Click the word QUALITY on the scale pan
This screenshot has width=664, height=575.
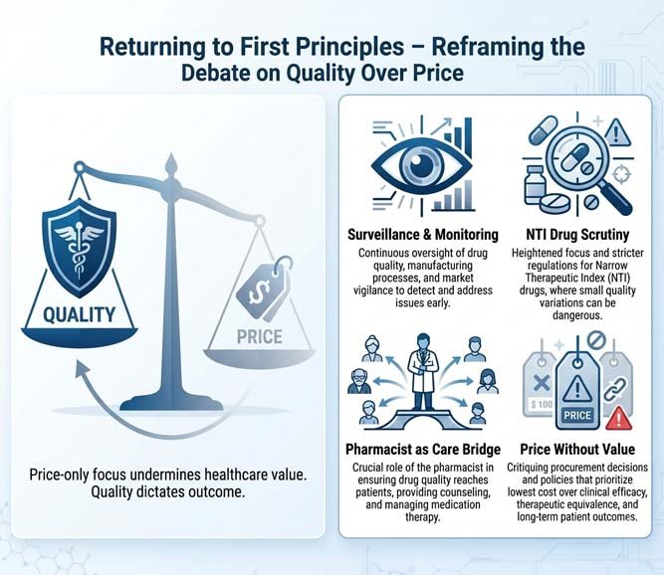pyautogui.click(x=80, y=314)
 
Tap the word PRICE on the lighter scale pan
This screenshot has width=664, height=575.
pyautogui.click(x=260, y=337)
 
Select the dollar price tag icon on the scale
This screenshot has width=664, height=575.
pyautogui.click(x=264, y=287)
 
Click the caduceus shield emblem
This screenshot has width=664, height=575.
pyautogui.click(x=79, y=248)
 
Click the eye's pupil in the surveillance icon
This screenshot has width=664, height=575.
pyautogui.click(x=416, y=160)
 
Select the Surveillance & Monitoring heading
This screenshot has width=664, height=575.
pyautogui.click(x=423, y=235)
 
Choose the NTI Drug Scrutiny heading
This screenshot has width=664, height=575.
pyautogui.click(x=577, y=235)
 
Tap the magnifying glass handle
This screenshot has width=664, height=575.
pyautogui.click(x=616, y=198)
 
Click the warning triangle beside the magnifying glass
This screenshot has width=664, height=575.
pyautogui.click(x=617, y=133)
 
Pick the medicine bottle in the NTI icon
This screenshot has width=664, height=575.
pyautogui.click(x=534, y=185)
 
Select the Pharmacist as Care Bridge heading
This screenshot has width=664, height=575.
pyautogui.click(x=423, y=449)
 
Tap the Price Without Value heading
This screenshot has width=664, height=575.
pyautogui.click(x=577, y=449)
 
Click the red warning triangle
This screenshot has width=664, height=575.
pyautogui.click(x=619, y=419)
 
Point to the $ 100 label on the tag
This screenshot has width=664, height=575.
pyautogui.click(x=542, y=405)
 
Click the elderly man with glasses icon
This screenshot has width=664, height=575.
pyautogui.click(x=359, y=381)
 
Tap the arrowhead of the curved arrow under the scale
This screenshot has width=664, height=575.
pyautogui.click(x=82, y=369)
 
